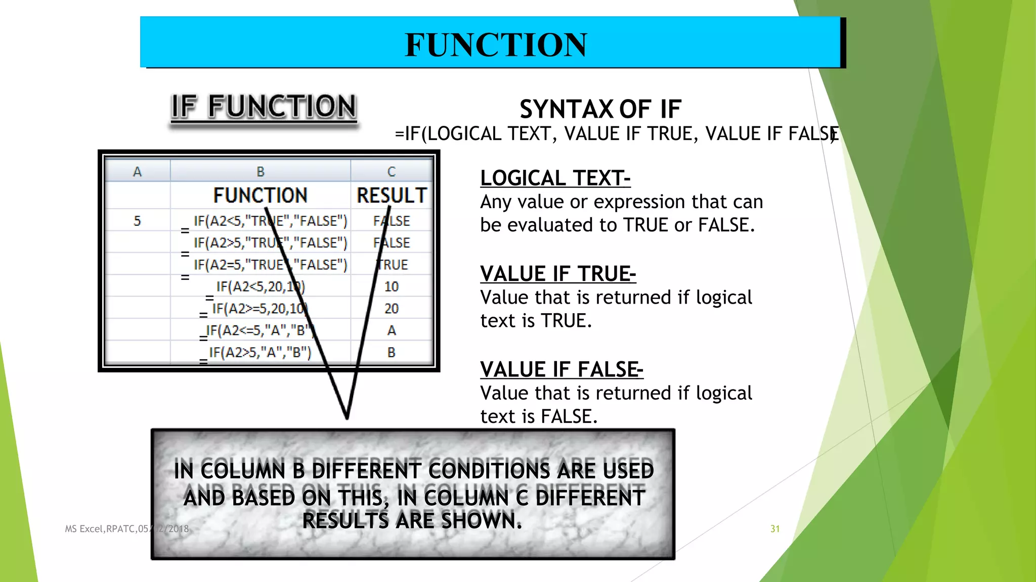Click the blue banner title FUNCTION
click(496, 44)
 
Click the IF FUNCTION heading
click(264, 107)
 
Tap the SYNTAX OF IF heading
click(600, 109)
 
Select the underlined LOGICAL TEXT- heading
click(555, 178)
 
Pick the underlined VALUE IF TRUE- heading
click(558, 274)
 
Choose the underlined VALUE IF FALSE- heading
click(562, 370)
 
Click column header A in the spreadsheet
click(137, 172)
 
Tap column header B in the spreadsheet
click(261, 172)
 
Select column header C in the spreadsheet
click(392, 172)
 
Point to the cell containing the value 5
click(137, 221)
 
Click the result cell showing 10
click(392, 286)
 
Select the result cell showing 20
click(392, 308)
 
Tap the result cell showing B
click(392, 352)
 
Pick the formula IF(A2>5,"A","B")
click(260, 352)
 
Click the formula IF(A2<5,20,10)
click(261, 286)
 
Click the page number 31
click(775, 529)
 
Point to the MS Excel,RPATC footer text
click(106, 529)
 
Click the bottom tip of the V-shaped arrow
click(347, 417)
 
